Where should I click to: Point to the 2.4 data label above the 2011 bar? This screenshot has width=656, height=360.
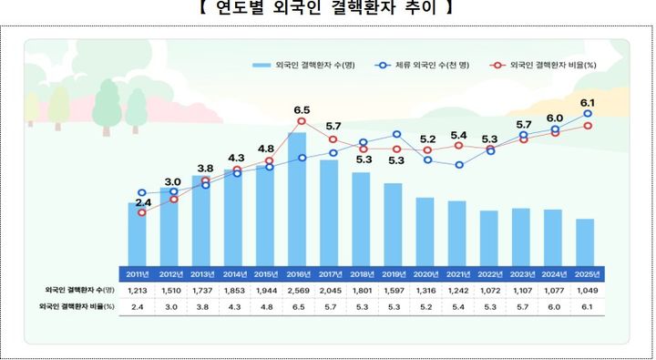pyautogui.click(x=143, y=202)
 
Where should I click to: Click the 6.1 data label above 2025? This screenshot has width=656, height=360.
pyautogui.click(x=589, y=102)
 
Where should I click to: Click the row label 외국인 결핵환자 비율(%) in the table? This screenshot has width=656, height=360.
pyautogui.click(x=79, y=307)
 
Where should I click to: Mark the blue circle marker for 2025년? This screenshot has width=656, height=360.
pyautogui.click(x=589, y=114)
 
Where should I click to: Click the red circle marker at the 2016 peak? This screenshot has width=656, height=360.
pyautogui.click(x=302, y=121)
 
